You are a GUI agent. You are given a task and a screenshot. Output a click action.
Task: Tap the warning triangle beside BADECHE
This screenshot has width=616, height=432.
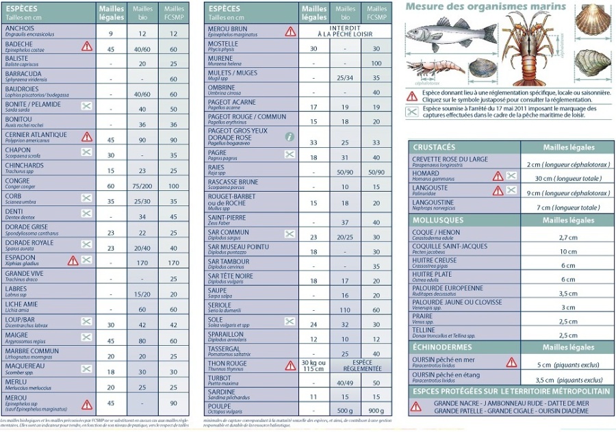click(87, 46)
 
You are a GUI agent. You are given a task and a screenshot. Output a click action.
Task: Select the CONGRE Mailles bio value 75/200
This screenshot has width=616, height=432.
click(142, 186)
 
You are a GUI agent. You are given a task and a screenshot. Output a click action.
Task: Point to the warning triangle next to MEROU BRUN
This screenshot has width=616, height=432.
click(290, 31)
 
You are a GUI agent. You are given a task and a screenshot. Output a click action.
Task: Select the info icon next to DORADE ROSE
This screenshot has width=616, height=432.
click(290, 137)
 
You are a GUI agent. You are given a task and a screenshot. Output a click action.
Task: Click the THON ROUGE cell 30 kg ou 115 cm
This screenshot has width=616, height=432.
click(314, 366)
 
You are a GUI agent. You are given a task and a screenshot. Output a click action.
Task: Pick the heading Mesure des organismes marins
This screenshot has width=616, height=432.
click(485, 7)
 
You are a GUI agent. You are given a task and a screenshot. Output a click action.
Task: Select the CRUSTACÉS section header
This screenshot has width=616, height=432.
click(434, 147)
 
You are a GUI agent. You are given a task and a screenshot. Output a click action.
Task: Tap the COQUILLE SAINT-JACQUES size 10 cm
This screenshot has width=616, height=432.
click(568, 252)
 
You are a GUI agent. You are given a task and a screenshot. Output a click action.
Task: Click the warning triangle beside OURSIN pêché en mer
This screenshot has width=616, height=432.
click(511, 362)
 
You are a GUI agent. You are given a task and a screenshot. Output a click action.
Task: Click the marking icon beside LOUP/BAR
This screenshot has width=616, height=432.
click(87, 322)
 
